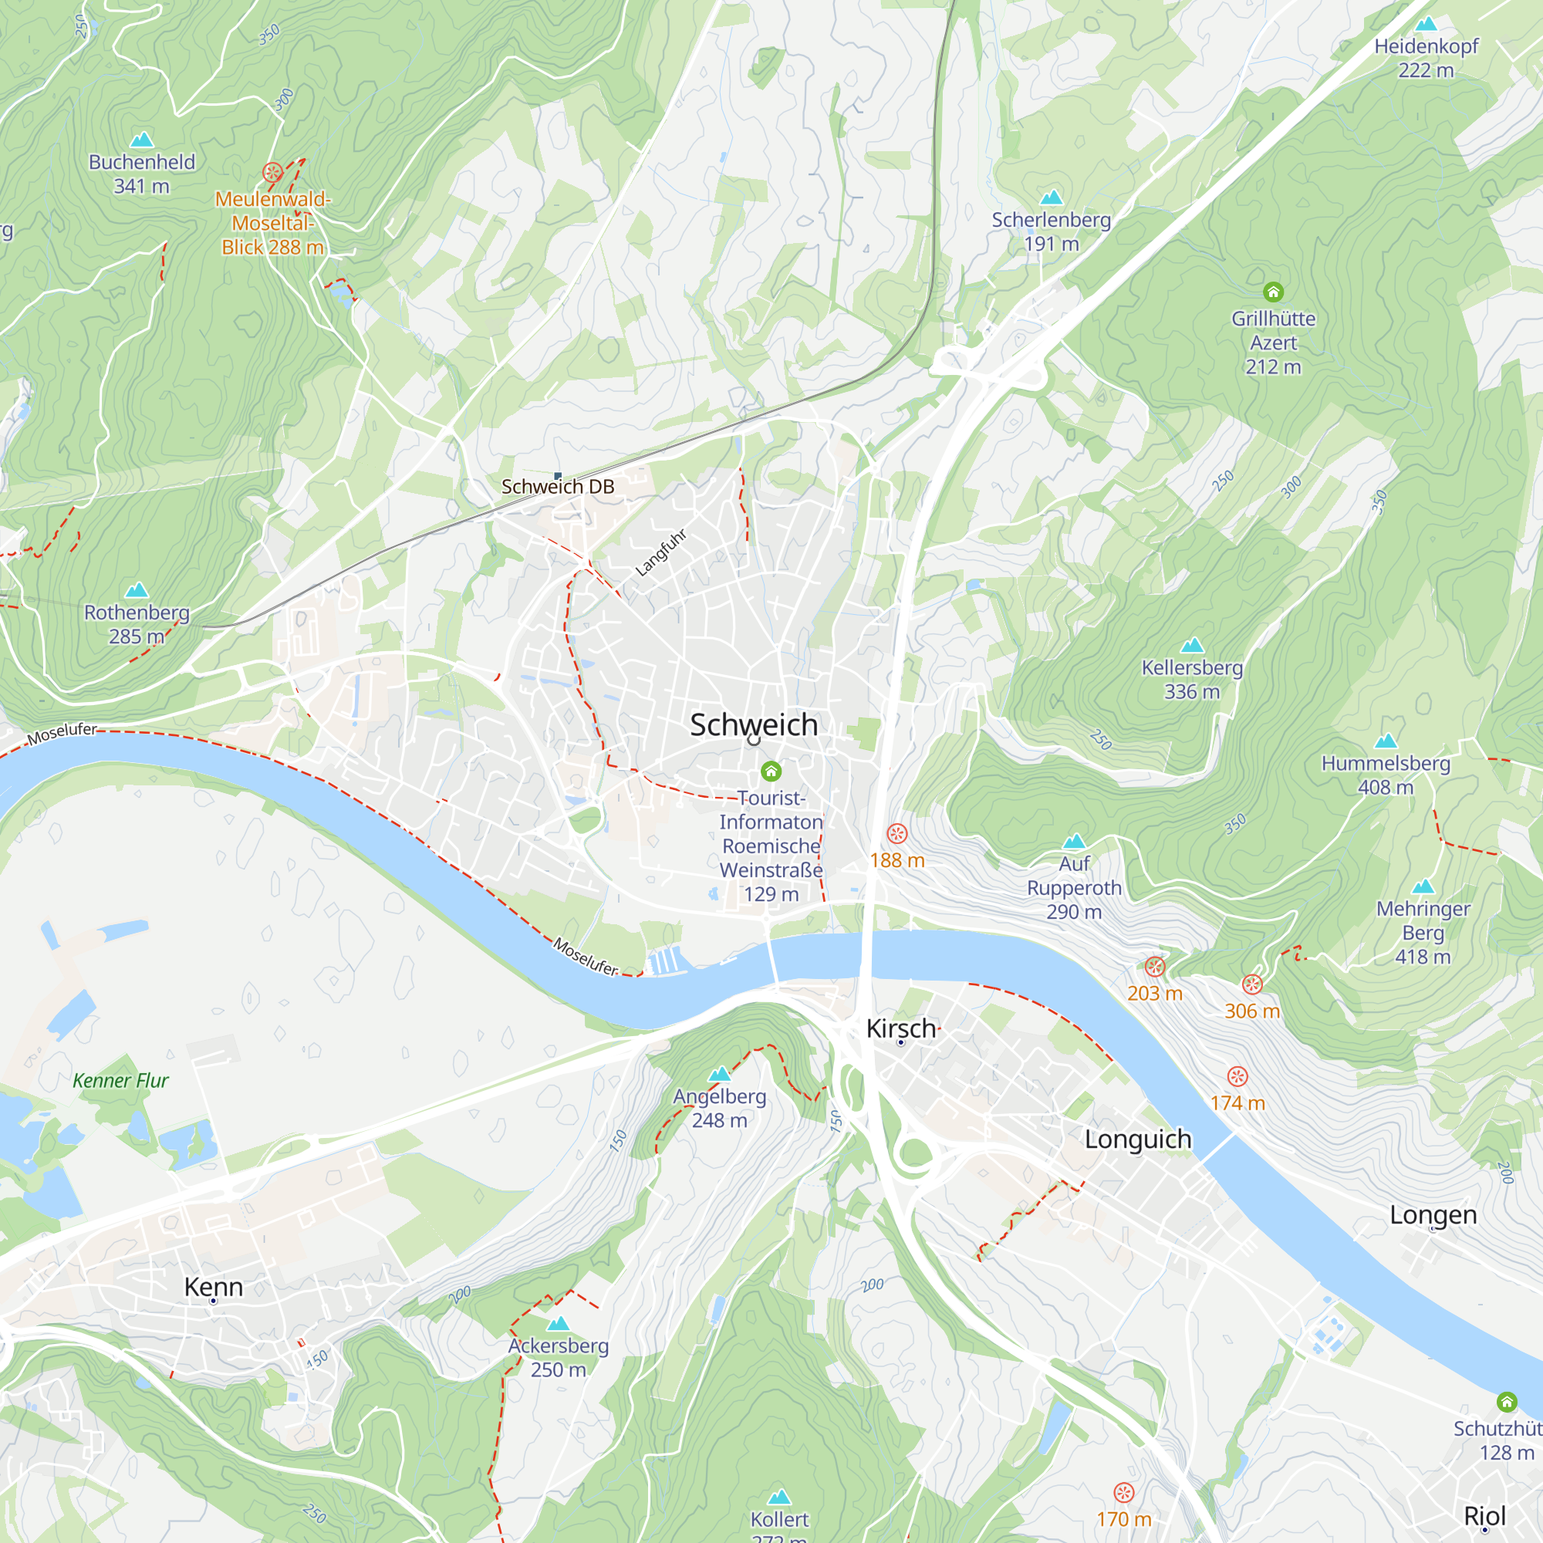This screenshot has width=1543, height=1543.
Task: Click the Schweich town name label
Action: click(x=753, y=724)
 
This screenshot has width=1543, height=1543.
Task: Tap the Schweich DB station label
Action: click(x=558, y=486)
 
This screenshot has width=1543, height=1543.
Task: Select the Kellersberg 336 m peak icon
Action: click(x=1192, y=644)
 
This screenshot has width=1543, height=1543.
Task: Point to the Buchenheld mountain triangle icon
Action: click(x=141, y=140)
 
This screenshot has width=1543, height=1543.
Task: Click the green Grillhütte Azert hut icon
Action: click(x=1273, y=292)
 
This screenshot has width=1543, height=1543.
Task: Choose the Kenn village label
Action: click(x=213, y=1287)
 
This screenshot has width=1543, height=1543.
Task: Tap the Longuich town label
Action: click(x=1137, y=1139)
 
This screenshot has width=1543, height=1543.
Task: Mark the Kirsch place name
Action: click(x=900, y=1028)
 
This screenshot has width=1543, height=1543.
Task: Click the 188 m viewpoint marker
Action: click(x=897, y=834)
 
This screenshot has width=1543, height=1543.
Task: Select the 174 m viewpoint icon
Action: click(x=1237, y=1076)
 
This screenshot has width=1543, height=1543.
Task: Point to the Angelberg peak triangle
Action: click(x=720, y=1073)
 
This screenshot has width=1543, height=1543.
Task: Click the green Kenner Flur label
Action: click(x=120, y=1081)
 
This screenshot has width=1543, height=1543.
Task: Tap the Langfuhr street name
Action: click(x=660, y=552)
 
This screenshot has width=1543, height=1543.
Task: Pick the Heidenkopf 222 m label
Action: click(x=1426, y=58)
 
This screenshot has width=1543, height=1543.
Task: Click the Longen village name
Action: click(x=1433, y=1215)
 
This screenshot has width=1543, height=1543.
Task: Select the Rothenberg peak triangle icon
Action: click(x=137, y=590)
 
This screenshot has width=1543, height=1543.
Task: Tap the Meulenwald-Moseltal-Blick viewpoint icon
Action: click(x=272, y=172)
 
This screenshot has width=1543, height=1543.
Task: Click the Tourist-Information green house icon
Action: click(x=771, y=771)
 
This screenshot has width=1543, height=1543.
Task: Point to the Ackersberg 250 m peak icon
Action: click(x=559, y=1323)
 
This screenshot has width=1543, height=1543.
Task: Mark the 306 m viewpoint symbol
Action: click(x=1252, y=984)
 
